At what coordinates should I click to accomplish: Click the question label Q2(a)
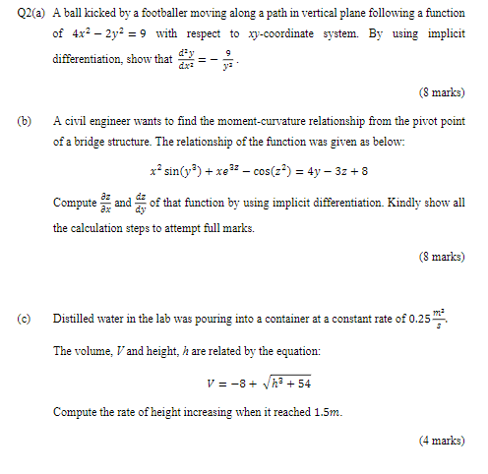(27, 14)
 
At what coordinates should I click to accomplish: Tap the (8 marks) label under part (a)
(442, 92)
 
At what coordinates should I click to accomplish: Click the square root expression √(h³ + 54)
(283, 384)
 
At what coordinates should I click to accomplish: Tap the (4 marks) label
(442, 440)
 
